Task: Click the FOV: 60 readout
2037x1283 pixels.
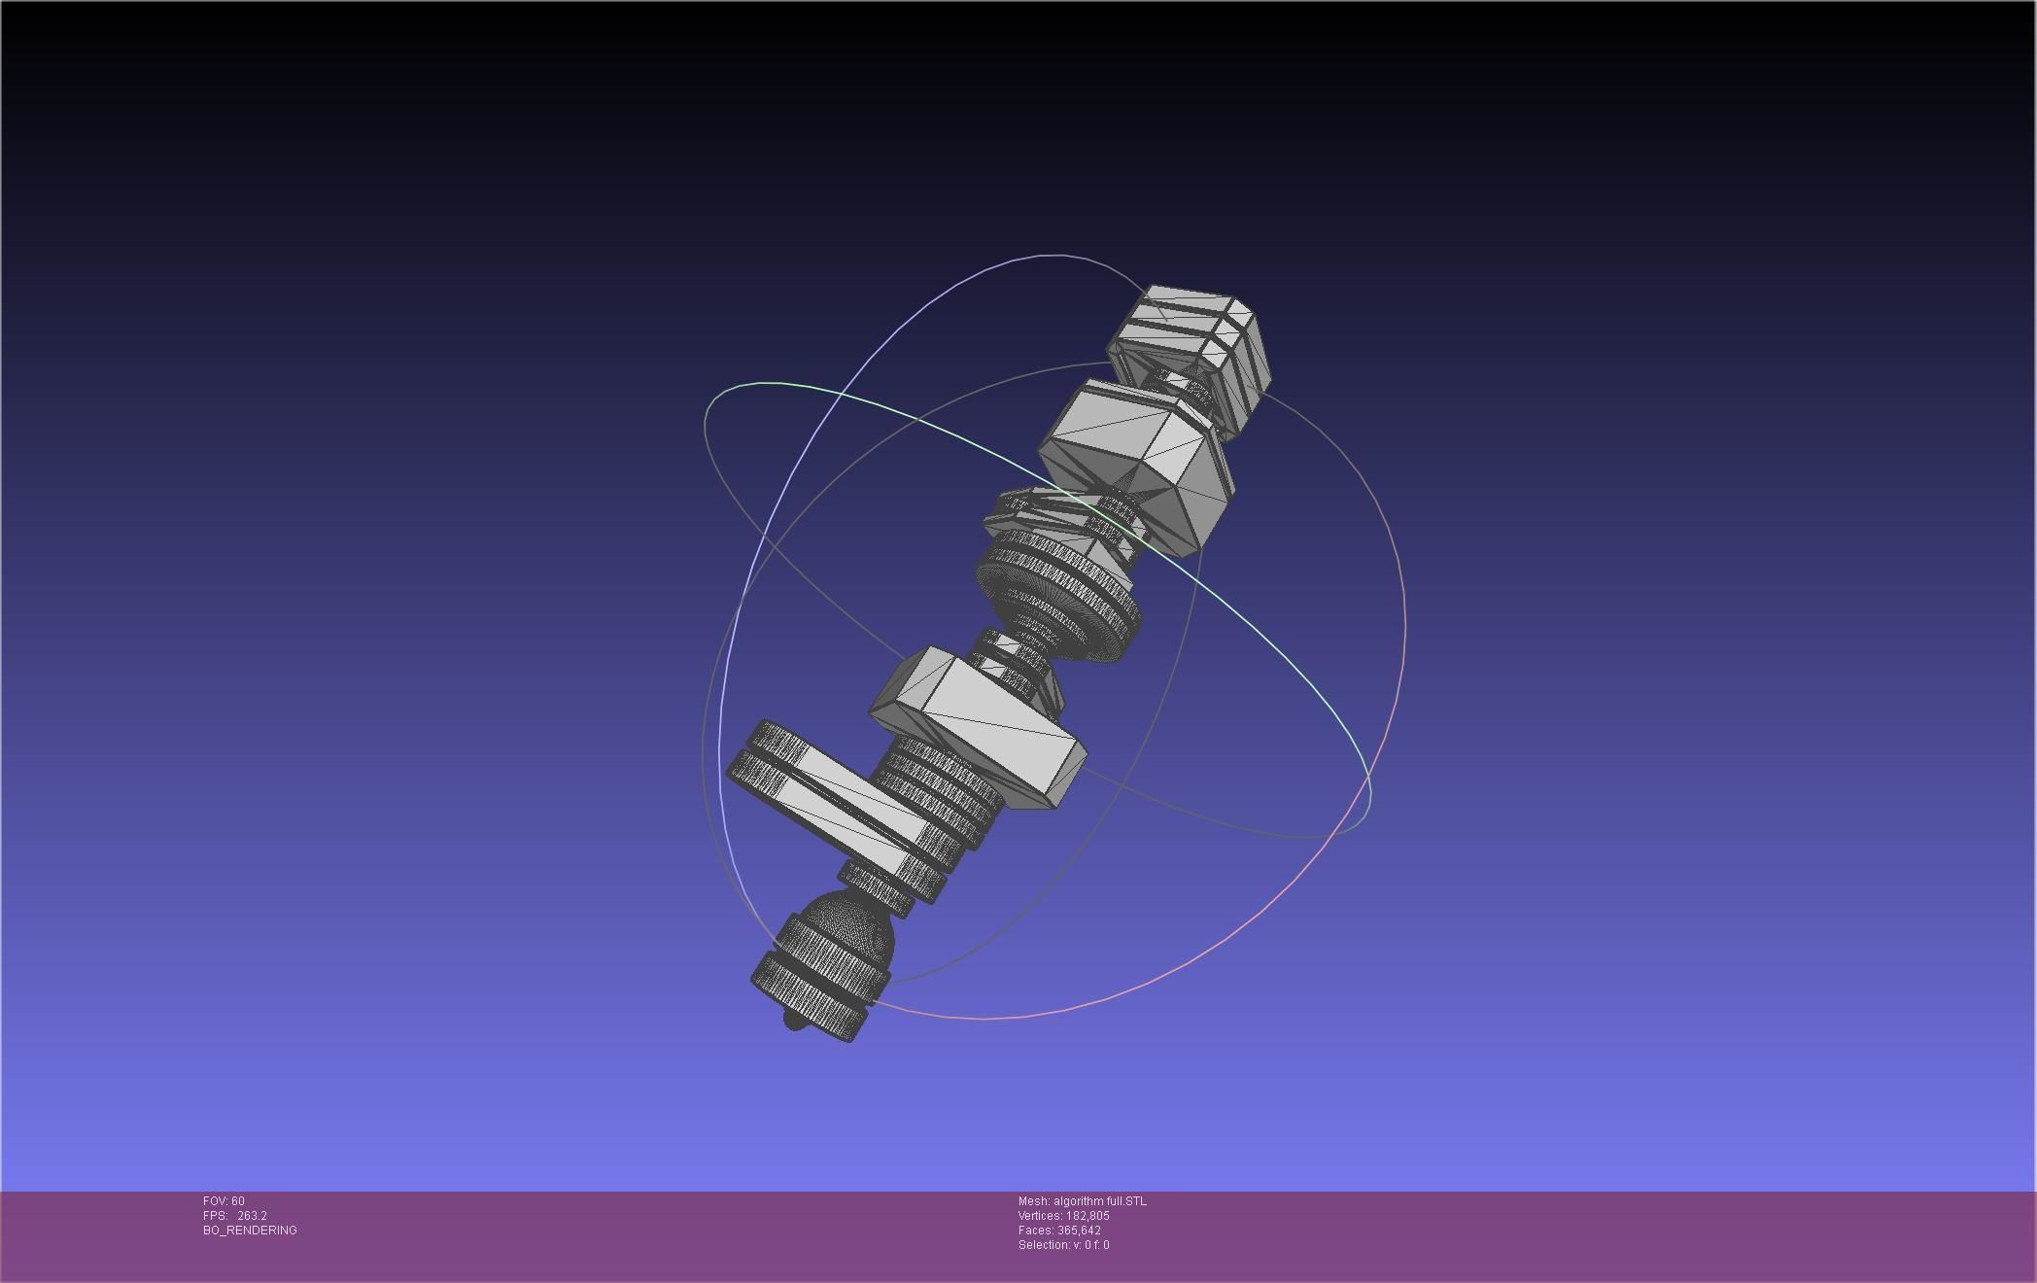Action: [x=224, y=1201]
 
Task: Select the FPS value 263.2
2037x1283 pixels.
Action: [x=252, y=1216]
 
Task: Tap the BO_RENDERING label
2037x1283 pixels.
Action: [x=250, y=1231]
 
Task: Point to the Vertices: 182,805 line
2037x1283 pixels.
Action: [x=1063, y=1216]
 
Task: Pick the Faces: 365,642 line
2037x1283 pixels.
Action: [x=1059, y=1231]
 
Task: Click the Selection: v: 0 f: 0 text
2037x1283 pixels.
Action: [x=1063, y=1245]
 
